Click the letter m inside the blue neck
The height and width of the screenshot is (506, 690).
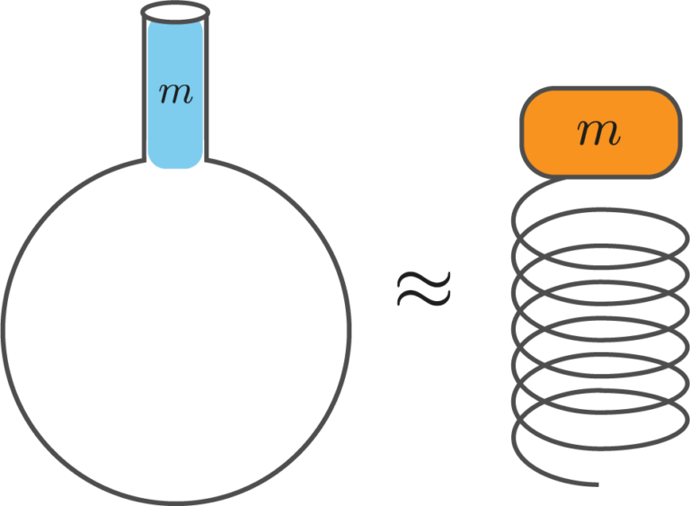click(x=175, y=93)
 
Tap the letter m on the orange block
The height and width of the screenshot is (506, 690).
click(x=599, y=132)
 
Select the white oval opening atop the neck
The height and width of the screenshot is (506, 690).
click(x=175, y=13)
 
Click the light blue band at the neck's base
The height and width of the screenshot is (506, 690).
click(x=175, y=153)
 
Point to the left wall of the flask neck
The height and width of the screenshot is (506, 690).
click(x=146, y=90)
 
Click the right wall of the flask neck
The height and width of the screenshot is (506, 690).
click(x=206, y=90)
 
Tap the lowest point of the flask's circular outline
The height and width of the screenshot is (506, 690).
click(x=175, y=502)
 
